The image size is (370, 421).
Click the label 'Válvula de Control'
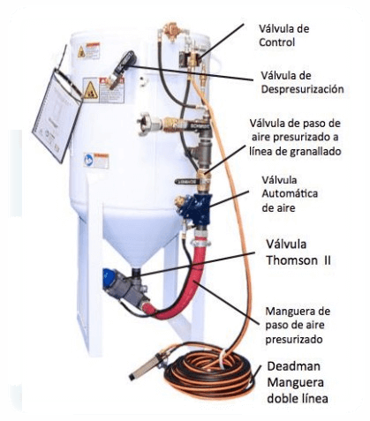pyautogui.click(x=283, y=35)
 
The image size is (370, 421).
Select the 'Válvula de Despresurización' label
pyautogui.click(x=302, y=82)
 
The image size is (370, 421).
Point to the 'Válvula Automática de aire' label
pyautogui.click(x=290, y=194)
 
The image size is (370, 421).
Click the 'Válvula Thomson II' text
pyautogui.click(x=298, y=252)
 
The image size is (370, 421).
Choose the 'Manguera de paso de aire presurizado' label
pyautogui.click(x=298, y=325)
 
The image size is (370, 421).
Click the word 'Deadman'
pyautogui.click(x=293, y=366)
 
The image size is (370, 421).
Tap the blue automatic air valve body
pyautogui.click(x=196, y=207)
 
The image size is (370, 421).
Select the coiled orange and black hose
pyautogui.click(x=209, y=372)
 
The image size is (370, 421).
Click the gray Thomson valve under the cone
pyautogui.click(x=126, y=289)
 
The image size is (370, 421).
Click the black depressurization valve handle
pyautogui.click(x=126, y=61)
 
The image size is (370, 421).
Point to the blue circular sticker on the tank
pyautogui.click(x=88, y=160)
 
